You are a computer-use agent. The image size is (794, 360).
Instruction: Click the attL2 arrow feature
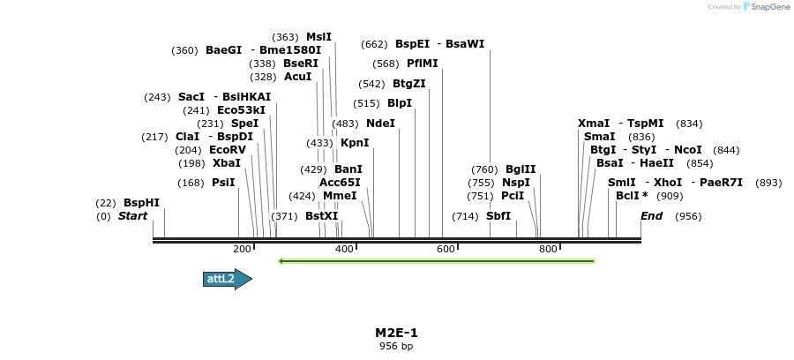tap(227, 279)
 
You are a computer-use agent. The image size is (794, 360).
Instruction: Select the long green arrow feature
tap(436, 260)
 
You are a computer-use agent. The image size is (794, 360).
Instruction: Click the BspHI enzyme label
tap(141, 203)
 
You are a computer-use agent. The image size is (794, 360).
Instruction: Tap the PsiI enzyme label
tap(223, 183)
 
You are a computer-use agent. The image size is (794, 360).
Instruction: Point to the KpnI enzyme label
tap(355, 143)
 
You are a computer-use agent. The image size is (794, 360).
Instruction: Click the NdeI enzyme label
tap(380, 124)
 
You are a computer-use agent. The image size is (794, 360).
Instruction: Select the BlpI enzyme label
tap(400, 103)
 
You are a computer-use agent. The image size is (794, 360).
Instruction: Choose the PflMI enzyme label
tap(422, 64)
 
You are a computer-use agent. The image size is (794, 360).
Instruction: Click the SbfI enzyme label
tap(498, 216)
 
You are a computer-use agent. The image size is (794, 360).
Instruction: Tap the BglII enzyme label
tap(521, 169)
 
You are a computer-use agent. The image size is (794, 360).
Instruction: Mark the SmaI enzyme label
tap(600, 137)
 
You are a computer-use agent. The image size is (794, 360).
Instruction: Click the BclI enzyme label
tap(627, 196)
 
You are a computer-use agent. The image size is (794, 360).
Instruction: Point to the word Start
tap(133, 216)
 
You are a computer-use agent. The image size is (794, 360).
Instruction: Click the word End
tap(651, 216)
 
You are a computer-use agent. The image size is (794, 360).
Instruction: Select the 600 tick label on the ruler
tap(446, 250)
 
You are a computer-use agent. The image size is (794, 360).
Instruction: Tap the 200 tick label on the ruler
tap(243, 250)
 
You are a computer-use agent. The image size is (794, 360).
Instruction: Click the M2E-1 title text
tap(396, 333)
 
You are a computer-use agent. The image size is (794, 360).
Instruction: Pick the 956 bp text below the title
tap(396, 347)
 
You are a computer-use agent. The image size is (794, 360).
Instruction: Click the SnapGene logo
tap(766, 7)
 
